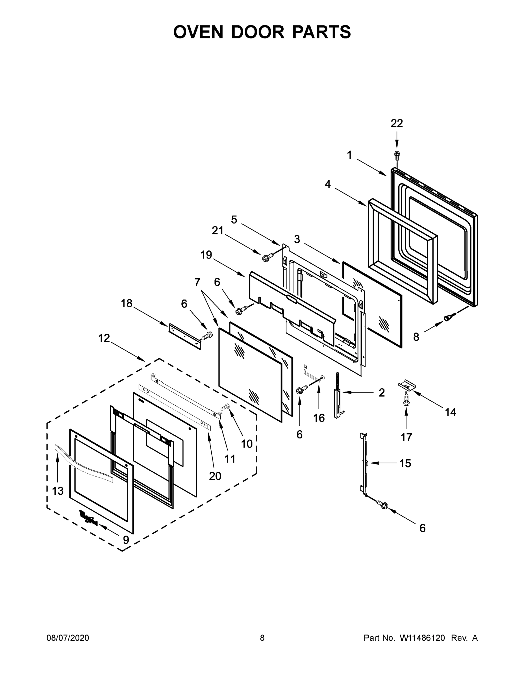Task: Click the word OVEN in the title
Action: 198,32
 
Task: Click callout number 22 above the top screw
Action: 396,123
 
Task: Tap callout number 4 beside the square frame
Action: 328,184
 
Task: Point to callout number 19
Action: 206,255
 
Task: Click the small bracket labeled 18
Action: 184,336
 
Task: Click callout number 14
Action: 451,412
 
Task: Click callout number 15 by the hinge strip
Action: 405,464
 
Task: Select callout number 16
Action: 319,418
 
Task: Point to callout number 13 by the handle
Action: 58,491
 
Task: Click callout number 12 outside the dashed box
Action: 104,338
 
